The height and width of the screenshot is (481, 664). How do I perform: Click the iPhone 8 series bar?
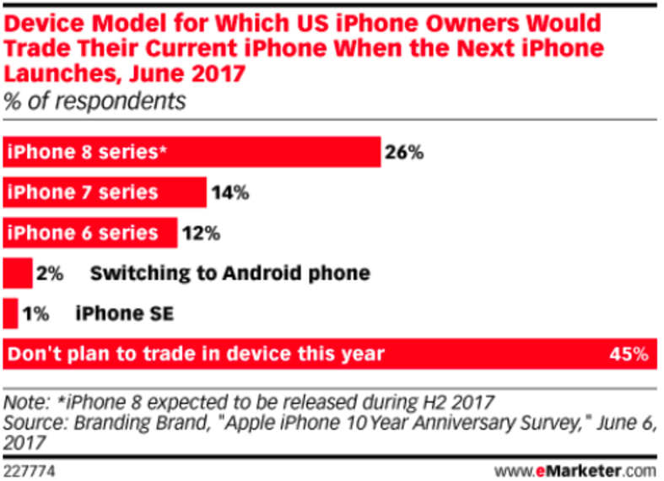click(x=192, y=153)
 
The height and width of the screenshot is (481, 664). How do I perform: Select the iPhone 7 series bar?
click(x=105, y=192)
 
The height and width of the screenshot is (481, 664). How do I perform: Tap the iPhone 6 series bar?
click(x=90, y=232)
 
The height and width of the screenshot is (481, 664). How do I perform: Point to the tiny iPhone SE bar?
click(x=11, y=313)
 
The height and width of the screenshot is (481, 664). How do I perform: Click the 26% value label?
click(x=403, y=154)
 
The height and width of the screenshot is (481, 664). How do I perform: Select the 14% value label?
click(x=229, y=193)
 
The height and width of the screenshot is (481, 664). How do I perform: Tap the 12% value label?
click(x=201, y=233)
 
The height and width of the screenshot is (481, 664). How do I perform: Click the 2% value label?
click(x=51, y=273)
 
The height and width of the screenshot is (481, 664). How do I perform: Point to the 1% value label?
click(x=36, y=313)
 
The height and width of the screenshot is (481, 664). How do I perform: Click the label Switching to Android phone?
click(x=229, y=273)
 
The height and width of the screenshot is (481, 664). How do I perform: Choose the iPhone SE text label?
click(x=126, y=313)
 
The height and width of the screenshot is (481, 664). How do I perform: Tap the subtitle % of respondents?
click(x=94, y=101)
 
